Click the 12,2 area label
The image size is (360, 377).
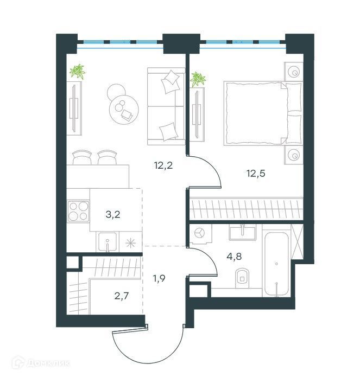(x=163, y=165)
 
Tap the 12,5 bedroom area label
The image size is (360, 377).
(x=256, y=174)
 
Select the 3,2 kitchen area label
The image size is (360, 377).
(x=113, y=215)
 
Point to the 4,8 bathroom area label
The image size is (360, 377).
(x=234, y=257)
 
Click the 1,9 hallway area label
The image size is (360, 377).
(x=159, y=279)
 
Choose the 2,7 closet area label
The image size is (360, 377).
(x=122, y=296)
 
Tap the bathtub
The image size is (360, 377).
(x=276, y=264)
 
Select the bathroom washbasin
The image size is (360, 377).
(x=242, y=232)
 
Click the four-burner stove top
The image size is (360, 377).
(x=78, y=212)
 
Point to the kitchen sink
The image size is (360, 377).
(x=108, y=241)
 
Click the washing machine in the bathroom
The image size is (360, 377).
(x=200, y=233)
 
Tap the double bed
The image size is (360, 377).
(x=263, y=113)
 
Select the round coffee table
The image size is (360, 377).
(x=124, y=108)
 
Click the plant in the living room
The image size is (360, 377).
(x=78, y=72)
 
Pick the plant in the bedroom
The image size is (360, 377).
(x=198, y=79)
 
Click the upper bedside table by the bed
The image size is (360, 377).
(x=293, y=72)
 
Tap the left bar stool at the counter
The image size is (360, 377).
(x=82, y=157)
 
